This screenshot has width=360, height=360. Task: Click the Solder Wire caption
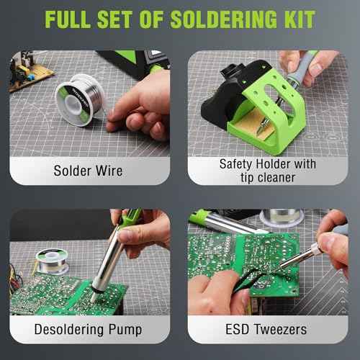point(89,171)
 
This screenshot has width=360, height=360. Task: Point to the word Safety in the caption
point(237,164)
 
